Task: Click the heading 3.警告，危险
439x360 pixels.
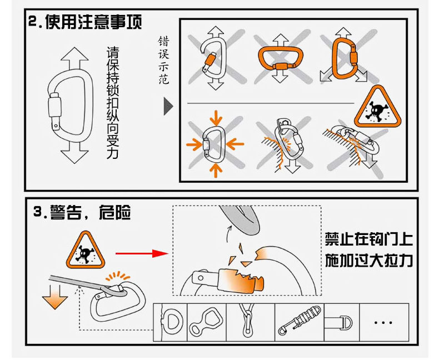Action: [83, 212]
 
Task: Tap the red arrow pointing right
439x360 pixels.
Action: [142, 253]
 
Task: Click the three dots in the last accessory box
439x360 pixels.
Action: [383, 322]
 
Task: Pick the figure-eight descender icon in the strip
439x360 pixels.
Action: [204, 322]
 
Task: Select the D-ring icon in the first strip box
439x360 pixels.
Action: [171, 322]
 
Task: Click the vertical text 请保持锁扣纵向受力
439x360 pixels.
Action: [112, 103]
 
